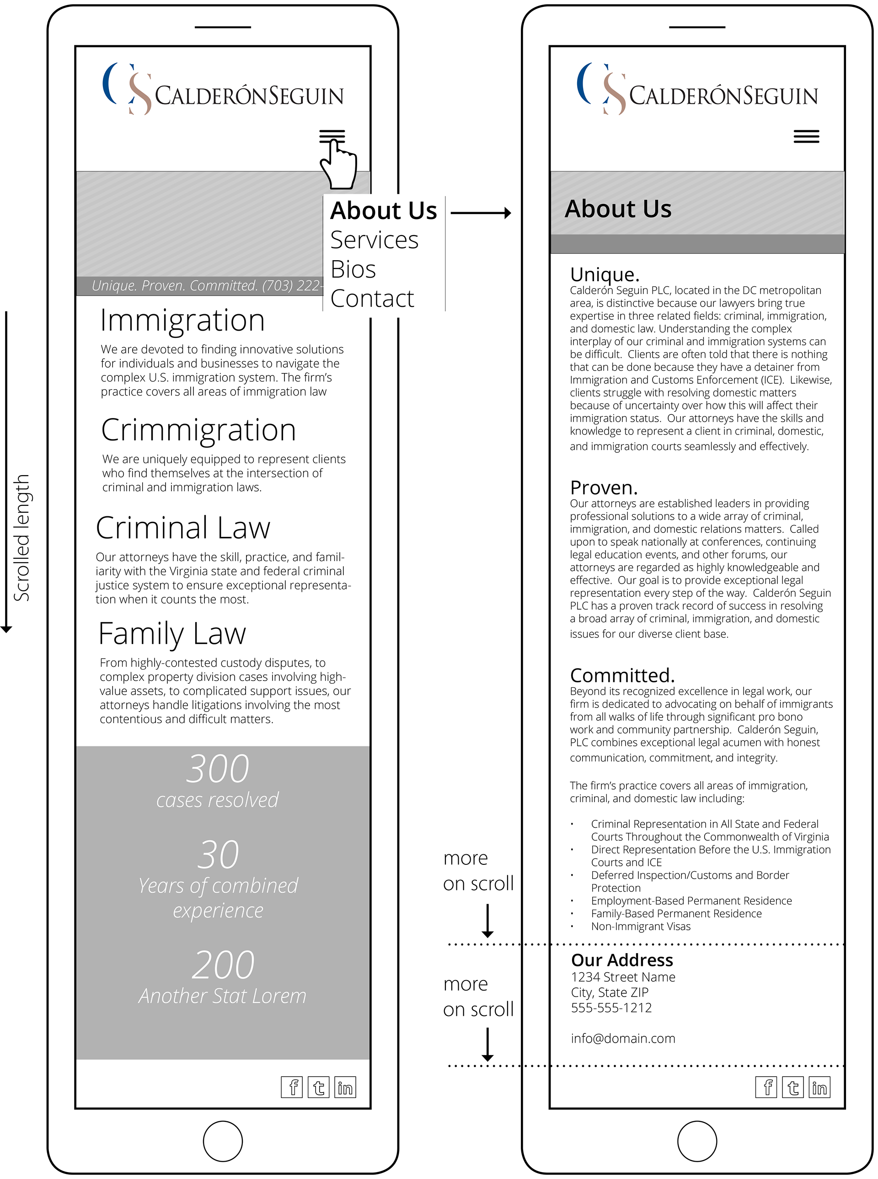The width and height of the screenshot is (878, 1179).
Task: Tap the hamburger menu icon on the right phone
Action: click(x=806, y=137)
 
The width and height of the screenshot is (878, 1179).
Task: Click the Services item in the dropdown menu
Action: click(x=374, y=240)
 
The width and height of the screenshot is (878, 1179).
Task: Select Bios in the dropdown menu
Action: click(x=353, y=269)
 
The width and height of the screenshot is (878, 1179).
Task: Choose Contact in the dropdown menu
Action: click(x=372, y=299)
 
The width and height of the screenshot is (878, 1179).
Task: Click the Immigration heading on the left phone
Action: click(x=182, y=321)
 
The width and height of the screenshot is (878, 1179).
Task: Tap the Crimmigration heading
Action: click(x=198, y=429)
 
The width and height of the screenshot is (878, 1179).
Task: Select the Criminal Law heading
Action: click(x=183, y=528)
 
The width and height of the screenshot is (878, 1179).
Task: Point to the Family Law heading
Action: click(x=172, y=633)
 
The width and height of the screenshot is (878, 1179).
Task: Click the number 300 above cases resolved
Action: click(x=217, y=769)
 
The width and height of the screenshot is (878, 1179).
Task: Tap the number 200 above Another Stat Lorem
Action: click(x=223, y=965)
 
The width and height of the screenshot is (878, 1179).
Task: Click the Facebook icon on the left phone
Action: click(x=292, y=1087)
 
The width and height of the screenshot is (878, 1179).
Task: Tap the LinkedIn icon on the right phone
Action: click(x=819, y=1087)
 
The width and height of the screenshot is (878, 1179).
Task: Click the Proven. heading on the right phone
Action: click(x=603, y=488)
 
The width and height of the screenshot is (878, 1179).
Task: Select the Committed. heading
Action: click(x=622, y=675)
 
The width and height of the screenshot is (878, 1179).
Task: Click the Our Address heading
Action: click(x=622, y=960)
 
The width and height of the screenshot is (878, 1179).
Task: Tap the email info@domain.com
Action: click(x=623, y=1038)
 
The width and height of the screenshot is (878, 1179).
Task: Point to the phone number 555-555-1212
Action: click(x=611, y=1008)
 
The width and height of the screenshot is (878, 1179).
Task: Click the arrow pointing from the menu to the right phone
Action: click(x=481, y=213)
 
